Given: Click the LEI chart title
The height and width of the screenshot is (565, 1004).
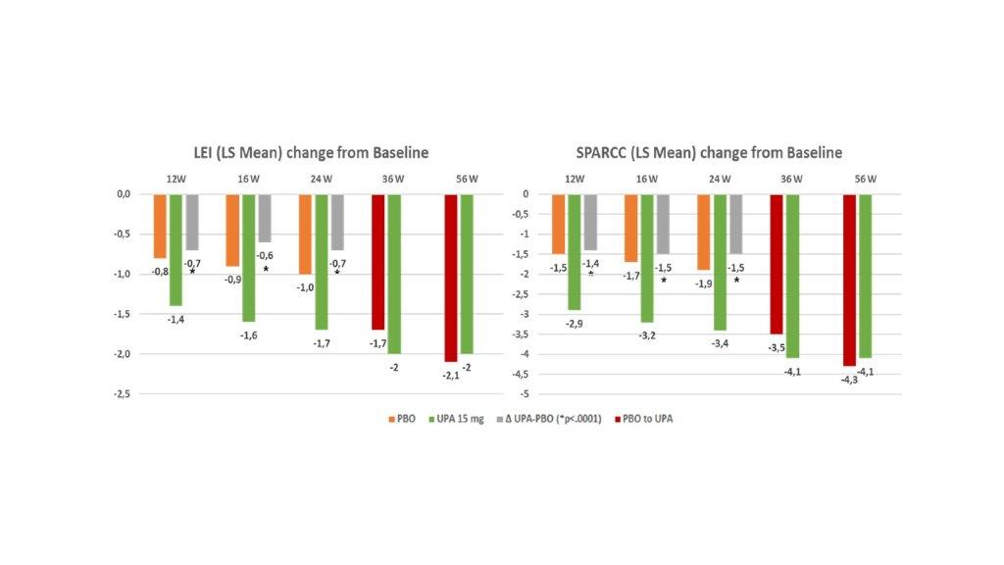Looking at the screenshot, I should pos(310,152).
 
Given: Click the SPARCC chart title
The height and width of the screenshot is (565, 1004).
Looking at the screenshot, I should pos(709,152).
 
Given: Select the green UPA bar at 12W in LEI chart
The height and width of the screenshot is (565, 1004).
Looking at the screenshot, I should pos(176,249).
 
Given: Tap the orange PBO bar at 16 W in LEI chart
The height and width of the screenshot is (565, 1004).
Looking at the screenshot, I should pos(232,230).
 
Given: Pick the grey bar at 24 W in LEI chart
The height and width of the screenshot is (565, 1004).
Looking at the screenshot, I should pos(337,222).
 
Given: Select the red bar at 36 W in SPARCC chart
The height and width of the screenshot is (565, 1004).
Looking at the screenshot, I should pos(777,264).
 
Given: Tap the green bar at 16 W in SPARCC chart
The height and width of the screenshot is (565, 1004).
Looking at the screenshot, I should pos(647,258).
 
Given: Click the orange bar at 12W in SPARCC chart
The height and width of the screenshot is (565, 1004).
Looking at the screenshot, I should pos(559,224).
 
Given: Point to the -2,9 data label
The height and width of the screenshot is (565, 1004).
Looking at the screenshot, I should pos(574,323).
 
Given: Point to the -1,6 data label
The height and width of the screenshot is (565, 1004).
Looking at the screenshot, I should pos(248,334).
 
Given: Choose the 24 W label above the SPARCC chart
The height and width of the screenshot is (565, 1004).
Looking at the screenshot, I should pos(719,178).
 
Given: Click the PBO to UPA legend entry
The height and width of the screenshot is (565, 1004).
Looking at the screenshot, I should pos(647,419).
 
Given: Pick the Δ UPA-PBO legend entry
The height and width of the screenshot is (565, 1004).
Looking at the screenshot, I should pos(554,419).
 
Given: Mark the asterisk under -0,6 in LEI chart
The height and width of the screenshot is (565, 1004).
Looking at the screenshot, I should pos(266,269).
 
